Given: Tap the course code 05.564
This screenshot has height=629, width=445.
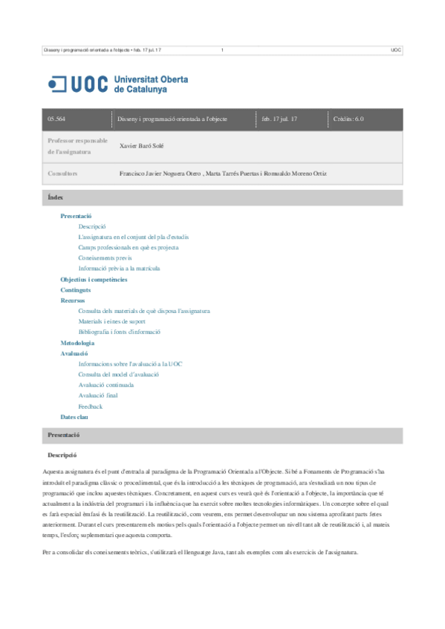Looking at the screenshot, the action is click(56, 119).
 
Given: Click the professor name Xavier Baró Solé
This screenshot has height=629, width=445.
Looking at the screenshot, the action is click(143, 146).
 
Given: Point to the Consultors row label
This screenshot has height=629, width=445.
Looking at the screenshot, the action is click(62, 174).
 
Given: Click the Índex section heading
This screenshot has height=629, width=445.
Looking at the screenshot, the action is click(56, 197).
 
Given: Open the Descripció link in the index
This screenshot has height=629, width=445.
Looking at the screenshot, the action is click(92, 225).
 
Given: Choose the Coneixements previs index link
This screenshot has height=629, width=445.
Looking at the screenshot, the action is click(105, 257).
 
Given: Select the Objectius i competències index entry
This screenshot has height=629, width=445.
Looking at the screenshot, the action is click(94, 279).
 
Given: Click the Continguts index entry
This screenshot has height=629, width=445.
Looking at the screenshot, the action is click(76, 290).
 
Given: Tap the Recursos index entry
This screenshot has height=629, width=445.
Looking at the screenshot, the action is click(73, 300).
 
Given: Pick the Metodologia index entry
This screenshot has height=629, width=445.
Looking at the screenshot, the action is click(77, 343).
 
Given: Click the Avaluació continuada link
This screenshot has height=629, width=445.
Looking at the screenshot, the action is click(106, 386).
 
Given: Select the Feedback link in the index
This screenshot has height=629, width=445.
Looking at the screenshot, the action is click(91, 406).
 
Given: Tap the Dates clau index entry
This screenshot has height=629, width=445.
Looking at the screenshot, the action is click(74, 418).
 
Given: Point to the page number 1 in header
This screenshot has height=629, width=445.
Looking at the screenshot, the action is click(222, 50).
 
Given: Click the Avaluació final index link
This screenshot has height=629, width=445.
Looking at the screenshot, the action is click(98, 396).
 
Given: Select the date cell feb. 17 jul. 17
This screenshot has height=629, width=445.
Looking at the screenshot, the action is click(279, 119).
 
